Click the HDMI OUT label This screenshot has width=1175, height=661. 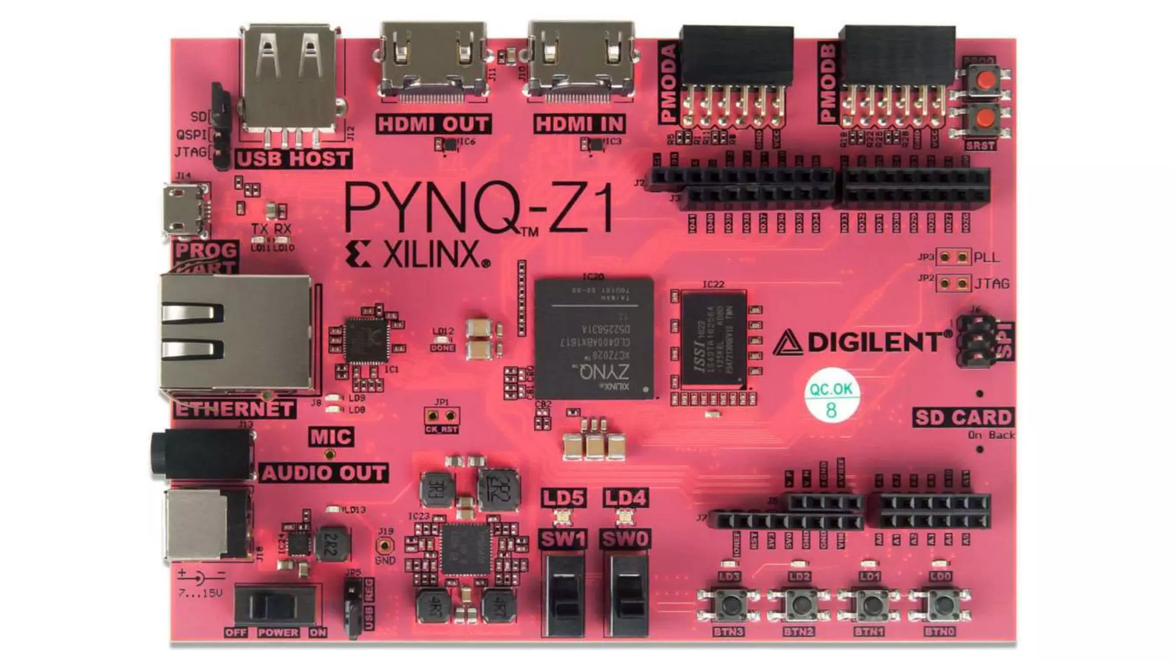[433, 124]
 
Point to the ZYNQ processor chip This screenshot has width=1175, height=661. [594, 339]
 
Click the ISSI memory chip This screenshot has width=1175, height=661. [714, 339]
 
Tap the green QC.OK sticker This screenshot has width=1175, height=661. [831, 398]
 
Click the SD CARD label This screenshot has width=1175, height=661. [963, 417]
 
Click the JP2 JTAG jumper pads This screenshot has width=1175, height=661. [953, 283]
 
